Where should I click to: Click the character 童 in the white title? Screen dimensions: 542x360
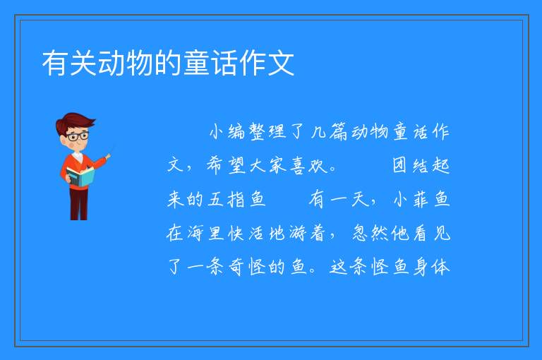197,63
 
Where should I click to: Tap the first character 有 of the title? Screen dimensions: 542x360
55,63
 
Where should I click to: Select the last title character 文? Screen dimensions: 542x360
282,63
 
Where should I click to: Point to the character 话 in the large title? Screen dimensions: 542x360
225,63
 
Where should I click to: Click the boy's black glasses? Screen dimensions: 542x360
78,136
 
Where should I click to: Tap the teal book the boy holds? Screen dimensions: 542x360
80,176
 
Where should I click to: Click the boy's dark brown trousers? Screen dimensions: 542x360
79,204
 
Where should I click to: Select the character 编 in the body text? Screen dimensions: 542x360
236,131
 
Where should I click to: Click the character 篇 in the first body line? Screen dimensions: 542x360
339,131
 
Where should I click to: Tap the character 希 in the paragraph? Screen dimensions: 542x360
216,165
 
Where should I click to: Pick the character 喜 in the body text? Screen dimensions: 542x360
298,165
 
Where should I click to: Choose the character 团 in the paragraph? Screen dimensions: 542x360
399,165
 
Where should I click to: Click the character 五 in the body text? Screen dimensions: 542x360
216,199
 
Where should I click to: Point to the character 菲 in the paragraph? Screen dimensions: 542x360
421,199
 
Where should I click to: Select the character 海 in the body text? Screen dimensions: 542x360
196,233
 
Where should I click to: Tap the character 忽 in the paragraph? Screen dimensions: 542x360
360,233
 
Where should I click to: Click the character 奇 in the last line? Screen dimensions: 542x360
236,267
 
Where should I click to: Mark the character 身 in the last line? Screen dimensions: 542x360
421,267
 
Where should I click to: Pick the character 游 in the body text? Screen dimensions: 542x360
298,233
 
